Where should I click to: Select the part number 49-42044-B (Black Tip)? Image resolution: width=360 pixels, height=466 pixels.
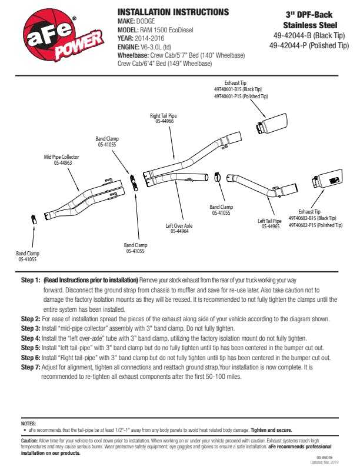309,35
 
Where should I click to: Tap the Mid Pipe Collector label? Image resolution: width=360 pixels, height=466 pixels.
62,158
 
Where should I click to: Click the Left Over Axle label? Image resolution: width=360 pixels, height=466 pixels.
179,225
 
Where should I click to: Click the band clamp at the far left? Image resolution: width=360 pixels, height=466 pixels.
34,219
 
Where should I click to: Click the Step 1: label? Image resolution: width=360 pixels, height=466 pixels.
30,280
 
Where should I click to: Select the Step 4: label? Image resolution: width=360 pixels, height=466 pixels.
30,338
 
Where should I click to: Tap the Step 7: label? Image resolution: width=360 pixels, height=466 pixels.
30,367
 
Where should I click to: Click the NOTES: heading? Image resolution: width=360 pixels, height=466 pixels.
28,423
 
